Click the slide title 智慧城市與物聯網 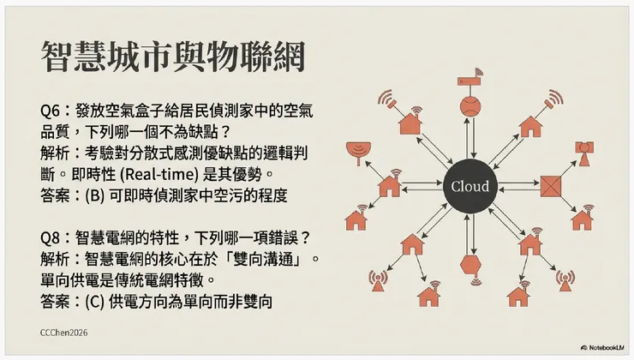point(171,57)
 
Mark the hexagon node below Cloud point(470,263)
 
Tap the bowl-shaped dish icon point(355,153)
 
